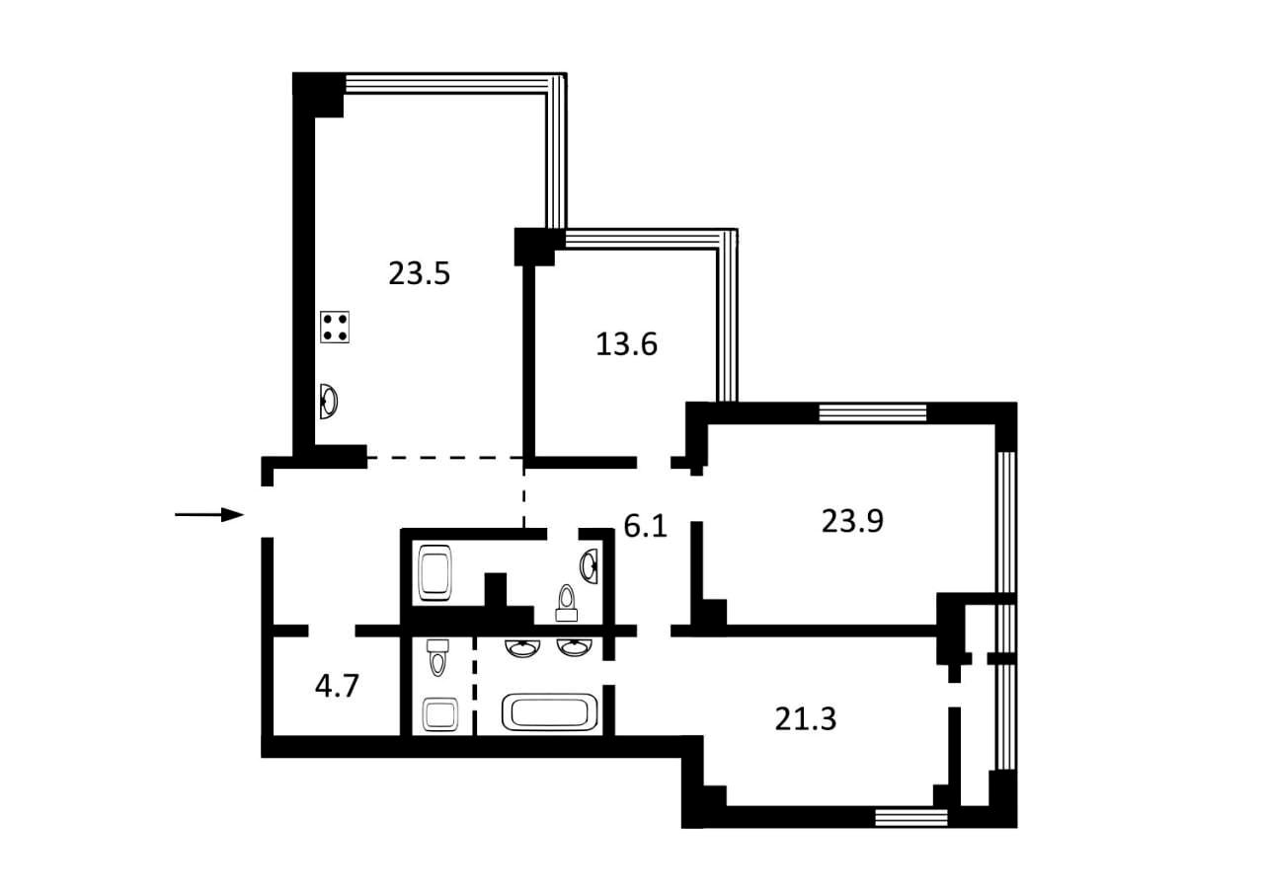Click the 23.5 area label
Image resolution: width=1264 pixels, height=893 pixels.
[x=419, y=273]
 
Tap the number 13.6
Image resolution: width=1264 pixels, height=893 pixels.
[x=626, y=344]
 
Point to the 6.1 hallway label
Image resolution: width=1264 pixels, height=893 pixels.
[x=646, y=525]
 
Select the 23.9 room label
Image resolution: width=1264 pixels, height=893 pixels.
[x=852, y=520]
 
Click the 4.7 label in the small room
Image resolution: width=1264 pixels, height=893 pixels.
[x=337, y=686]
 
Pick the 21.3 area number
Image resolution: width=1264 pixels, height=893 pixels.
[x=805, y=718]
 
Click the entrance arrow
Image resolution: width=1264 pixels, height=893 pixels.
[x=208, y=514]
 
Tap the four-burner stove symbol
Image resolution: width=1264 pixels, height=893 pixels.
[x=335, y=327]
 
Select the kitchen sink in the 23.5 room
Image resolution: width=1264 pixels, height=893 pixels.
[x=329, y=401]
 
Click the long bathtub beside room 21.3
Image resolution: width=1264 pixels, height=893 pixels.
[x=550, y=711]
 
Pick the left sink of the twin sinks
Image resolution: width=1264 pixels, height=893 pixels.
[x=522, y=647]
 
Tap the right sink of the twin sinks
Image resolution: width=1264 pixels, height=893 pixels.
[x=575, y=647]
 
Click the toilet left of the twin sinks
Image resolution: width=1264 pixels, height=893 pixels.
[x=437, y=657]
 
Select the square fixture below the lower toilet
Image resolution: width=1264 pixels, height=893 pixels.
[x=440, y=713]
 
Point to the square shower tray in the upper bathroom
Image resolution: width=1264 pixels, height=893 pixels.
[x=434, y=572]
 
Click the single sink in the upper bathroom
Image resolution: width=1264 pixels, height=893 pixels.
[x=589, y=565]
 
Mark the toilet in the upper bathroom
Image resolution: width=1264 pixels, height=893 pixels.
[x=566, y=603]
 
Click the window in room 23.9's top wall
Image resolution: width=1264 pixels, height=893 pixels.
[x=872, y=412]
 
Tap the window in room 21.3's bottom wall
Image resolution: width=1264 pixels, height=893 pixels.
[x=910, y=817]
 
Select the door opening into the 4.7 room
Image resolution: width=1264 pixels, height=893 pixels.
[x=332, y=631]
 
